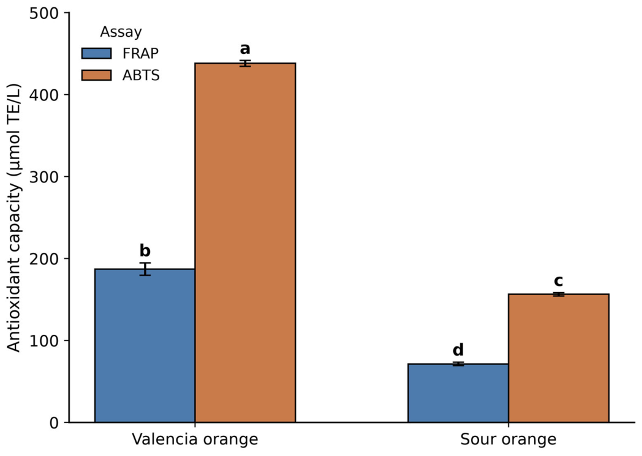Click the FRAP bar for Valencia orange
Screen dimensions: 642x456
click(145, 346)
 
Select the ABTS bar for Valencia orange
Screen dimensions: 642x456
click(245, 242)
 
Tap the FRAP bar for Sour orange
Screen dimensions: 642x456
click(458, 393)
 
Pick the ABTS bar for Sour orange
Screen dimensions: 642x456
click(559, 358)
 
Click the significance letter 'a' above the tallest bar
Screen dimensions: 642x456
click(245, 50)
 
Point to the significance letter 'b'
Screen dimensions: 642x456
click(145, 250)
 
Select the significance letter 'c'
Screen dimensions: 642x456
click(558, 282)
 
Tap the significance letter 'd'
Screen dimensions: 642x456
click(458, 350)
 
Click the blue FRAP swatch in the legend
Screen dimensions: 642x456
click(97, 54)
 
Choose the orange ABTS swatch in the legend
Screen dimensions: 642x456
click(97, 75)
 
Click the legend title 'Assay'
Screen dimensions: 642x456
click(121, 32)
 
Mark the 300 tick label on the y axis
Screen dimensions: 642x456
click(44, 177)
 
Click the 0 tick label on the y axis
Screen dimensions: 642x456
click(55, 422)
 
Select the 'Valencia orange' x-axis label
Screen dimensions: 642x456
click(195, 440)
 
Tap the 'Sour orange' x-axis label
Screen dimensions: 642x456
click(508, 440)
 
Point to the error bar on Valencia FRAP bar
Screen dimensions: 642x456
click(145, 269)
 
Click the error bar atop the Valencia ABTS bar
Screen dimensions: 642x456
click(245, 63)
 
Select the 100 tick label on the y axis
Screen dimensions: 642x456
click(44, 340)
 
